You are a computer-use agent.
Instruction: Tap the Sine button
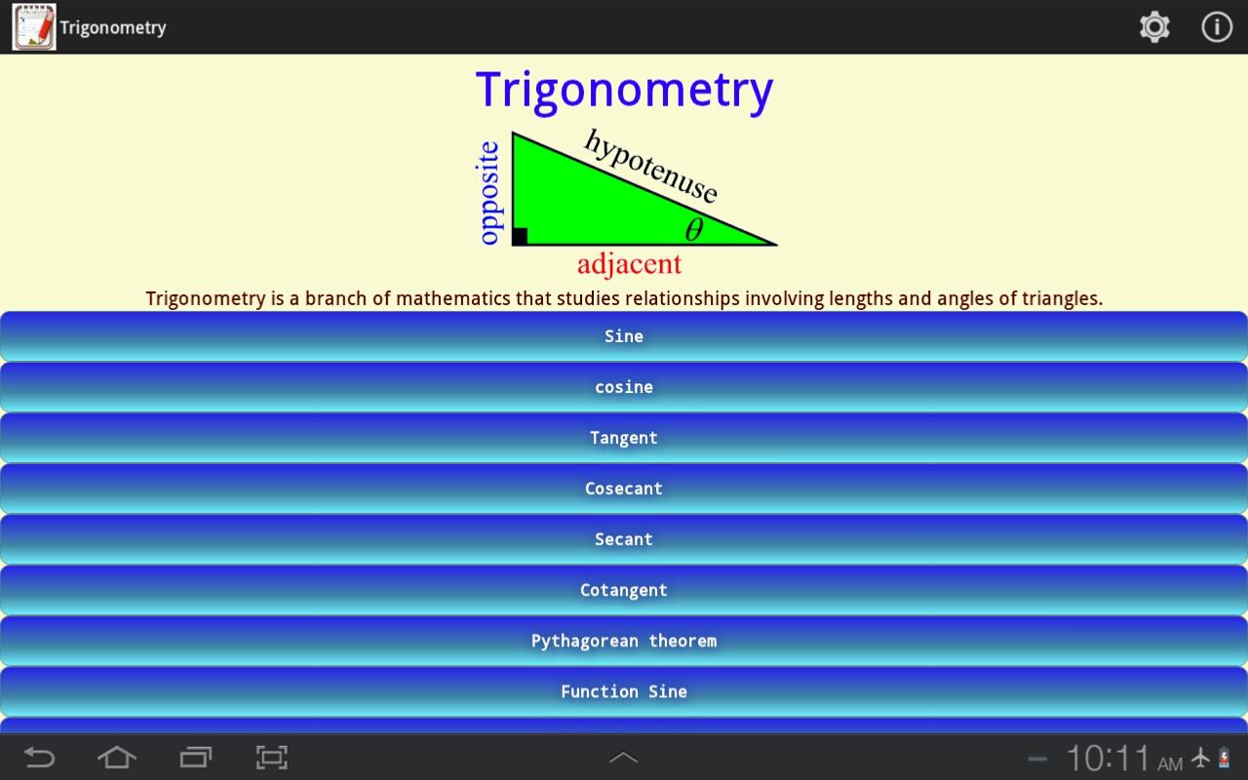pos(623,336)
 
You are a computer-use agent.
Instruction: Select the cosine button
pos(623,387)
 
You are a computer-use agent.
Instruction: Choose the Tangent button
pos(623,438)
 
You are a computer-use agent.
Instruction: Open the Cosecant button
pos(623,488)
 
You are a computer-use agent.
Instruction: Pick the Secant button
pos(623,539)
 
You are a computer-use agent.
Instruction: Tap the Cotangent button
pos(623,590)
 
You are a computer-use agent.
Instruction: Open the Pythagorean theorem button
pos(623,641)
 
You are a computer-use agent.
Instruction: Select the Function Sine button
pos(623,691)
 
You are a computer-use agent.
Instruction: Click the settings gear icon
pos(1154,26)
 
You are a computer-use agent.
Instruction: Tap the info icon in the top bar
pos(1216,26)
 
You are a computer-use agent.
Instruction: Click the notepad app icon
pos(34,26)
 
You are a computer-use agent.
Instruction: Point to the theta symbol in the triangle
pos(693,229)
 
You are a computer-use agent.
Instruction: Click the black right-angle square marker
pos(520,236)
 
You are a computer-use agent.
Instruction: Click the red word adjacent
pos(629,264)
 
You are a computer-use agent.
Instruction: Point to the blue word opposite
pos(488,193)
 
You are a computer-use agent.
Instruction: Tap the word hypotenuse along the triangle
pos(650,166)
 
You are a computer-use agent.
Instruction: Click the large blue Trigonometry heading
pos(625,91)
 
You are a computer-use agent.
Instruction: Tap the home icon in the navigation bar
pos(116,758)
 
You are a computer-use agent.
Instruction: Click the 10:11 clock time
pos(1108,759)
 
